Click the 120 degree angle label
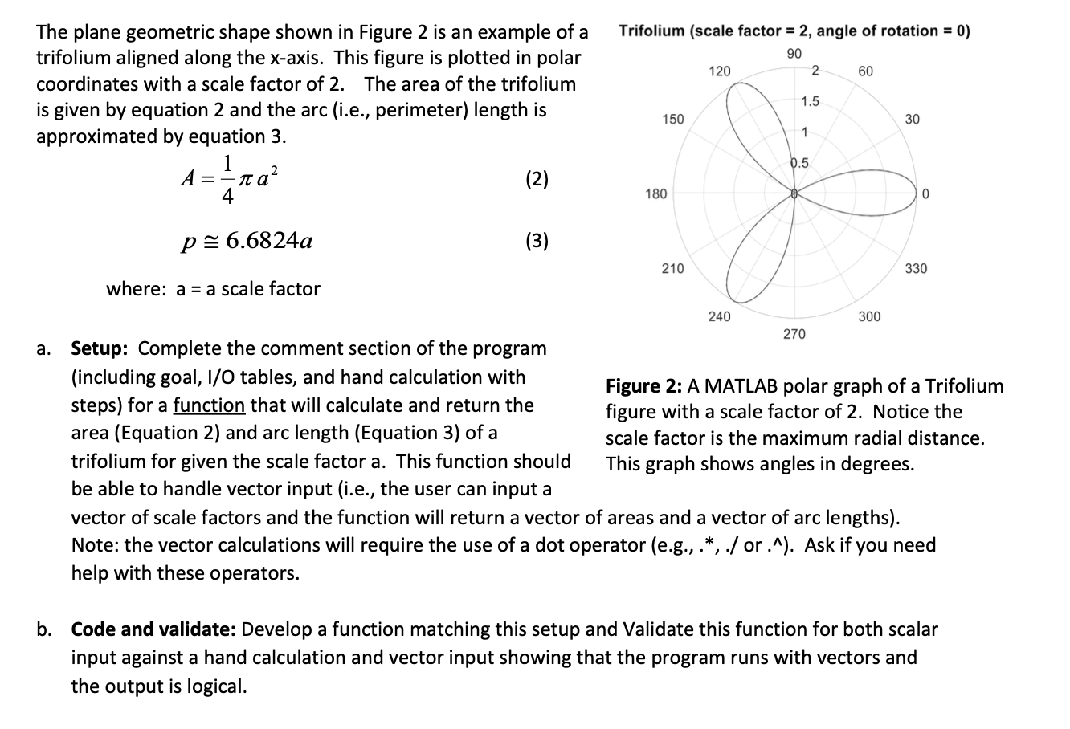(x=720, y=71)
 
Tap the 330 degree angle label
(x=916, y=268)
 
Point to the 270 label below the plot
(x=794, y=333)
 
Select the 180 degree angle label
(x=656, y=194)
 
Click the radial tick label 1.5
(x=810, y=101)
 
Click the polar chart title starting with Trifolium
(x=794, y=31)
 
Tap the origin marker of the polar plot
(x=794, y=194)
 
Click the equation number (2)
(x=537, y=179)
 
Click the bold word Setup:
(x=103, y=348)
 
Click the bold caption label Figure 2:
(x=643, y=386)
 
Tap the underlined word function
(x=209, y=405)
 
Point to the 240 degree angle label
(x=719, y=317)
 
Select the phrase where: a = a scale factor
(x=213, y=289)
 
